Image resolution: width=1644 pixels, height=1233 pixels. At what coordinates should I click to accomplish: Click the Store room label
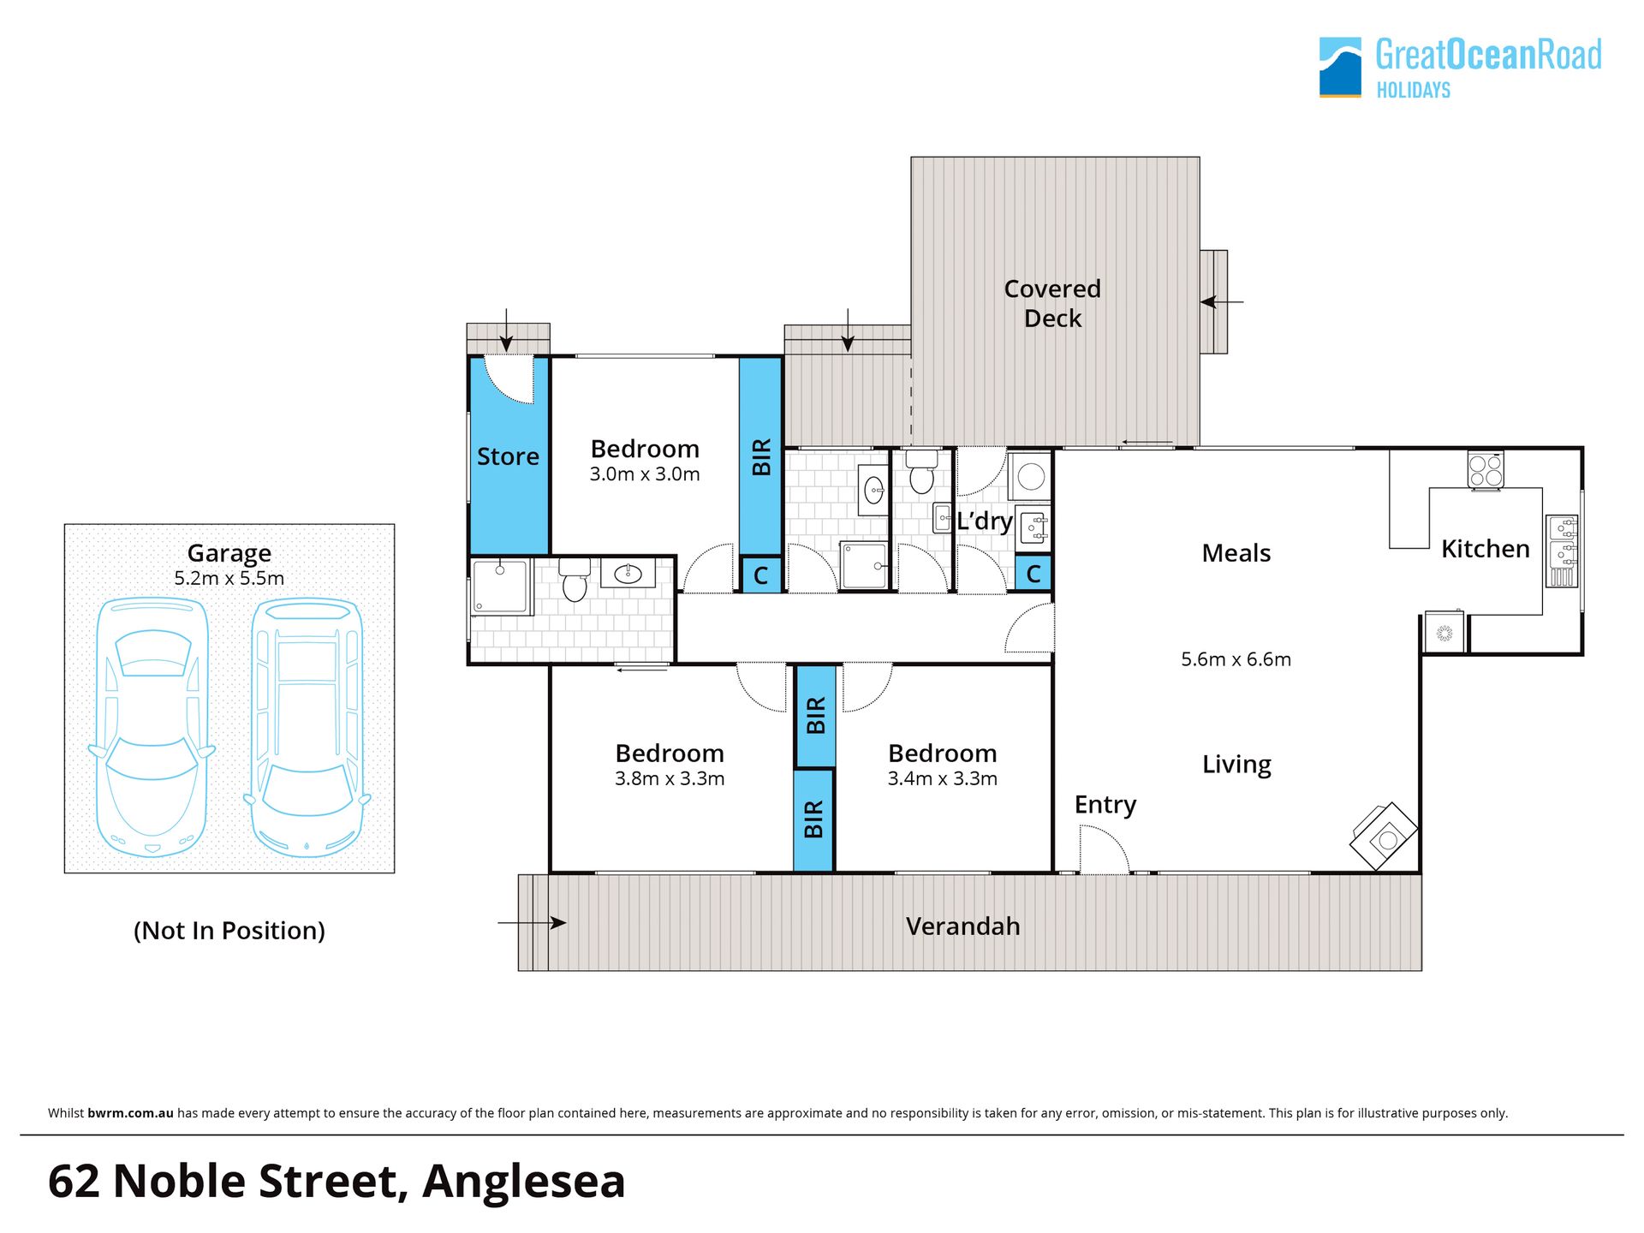pos(508,456)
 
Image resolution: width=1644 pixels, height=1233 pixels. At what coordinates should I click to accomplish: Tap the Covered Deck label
pos(1052,303)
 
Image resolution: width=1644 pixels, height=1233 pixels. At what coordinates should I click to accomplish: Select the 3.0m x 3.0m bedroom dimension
pos(645,474)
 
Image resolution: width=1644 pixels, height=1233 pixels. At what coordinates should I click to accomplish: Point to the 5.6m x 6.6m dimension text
pos(1236,659)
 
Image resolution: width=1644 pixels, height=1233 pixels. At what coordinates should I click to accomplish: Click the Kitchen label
pos(1485,549)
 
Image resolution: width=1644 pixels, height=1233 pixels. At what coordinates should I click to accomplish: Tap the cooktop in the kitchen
pos(1486,470)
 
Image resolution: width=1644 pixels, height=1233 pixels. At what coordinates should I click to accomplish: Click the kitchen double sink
pos(1563,551)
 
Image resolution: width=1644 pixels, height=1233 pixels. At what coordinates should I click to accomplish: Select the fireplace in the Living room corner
pos(1384,837)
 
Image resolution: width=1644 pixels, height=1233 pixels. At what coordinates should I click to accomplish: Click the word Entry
pos(1105,806)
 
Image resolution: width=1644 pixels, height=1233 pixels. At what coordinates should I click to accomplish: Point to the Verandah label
pos(962,926)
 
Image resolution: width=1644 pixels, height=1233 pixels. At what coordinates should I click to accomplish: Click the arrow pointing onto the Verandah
pos(532,923)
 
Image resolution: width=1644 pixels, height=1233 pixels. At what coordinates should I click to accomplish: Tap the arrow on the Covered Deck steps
pos(1222,302)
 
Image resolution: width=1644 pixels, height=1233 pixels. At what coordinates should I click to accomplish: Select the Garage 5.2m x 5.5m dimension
pos(229,579)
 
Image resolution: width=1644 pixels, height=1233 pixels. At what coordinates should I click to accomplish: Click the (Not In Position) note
pos(229,931)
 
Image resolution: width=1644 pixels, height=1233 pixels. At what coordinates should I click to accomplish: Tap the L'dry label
pos(985,521)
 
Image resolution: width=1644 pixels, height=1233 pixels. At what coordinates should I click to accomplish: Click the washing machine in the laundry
pos(1031,476)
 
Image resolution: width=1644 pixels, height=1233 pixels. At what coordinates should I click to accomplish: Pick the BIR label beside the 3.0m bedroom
pos(761,457)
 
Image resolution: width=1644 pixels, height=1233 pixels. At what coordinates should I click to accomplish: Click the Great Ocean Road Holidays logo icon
pos(1340,67)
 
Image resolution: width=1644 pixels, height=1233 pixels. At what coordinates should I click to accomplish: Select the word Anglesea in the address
pos(523,1182)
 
